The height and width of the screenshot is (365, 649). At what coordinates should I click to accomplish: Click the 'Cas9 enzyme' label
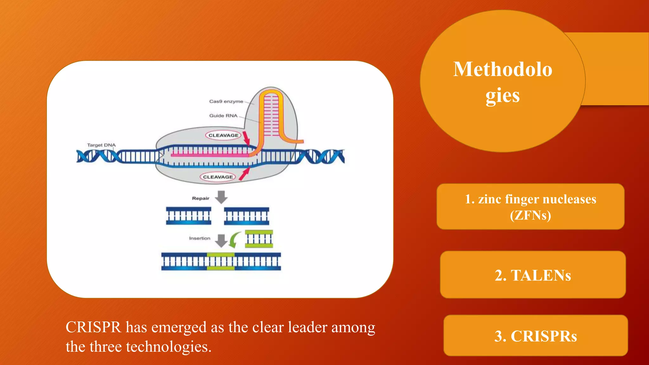(x=226, y=101)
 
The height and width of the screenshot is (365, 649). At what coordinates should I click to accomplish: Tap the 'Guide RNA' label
(x=223, y=116)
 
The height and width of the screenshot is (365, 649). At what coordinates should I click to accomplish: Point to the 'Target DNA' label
(x=101, y=145)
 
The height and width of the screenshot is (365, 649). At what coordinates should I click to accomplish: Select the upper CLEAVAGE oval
(x=223, y=135)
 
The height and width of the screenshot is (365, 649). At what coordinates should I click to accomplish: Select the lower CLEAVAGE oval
(x=218, y=177)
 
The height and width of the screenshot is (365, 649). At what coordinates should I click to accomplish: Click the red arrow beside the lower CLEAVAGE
(x=244, y=174)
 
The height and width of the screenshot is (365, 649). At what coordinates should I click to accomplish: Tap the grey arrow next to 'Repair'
(x=221, y=197)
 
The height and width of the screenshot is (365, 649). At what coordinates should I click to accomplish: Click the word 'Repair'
(x=201, y=198)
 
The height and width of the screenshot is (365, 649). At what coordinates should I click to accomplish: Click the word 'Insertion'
(x=200, y=238)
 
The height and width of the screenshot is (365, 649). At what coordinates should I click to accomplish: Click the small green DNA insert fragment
(x=259, y=239)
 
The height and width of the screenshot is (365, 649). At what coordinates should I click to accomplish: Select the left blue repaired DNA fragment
(x=189, y=216)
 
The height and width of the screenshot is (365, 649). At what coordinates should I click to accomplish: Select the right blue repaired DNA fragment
(x=247, y=216)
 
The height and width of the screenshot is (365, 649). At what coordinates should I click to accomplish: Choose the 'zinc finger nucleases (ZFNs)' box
(x=530, y=207)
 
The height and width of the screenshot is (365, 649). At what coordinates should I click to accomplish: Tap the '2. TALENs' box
(x=533, y=275)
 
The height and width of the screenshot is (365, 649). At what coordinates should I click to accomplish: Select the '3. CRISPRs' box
(x=536, y=336)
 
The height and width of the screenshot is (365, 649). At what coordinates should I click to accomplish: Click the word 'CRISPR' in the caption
(x=93, y=327)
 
